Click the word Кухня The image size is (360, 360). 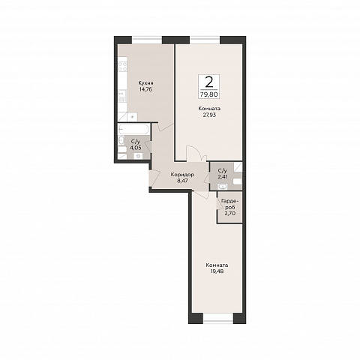pyautogui.click(x=146, y=83)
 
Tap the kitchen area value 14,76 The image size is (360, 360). pyautogui.click(x=145, y=89)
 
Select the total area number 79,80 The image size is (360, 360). pyautogui.click(x=209, y=94)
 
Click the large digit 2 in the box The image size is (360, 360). pyautogui.click(x=209, y=82)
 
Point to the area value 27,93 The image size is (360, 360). pyautogui.click(x=209, y=115)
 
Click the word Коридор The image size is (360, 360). pyautogui.click(x=182, y=175)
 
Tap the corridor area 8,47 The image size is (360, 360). pyautogui.click(x=182, y=181)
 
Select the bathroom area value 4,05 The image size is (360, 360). pyautogui.click(x=135, y=148)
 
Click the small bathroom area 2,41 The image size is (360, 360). pyautogui.click(x=223, y=177)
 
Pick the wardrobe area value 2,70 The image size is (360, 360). pyautogui.click(x=230, y=213)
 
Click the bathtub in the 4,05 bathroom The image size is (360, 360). pyautogui.click(x=133, y=130)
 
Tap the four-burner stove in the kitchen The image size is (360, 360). pyautogui.click(x=123, y=66)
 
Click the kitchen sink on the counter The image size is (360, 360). pyautogui.click(x=122, y=97)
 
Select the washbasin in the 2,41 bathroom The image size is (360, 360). pyautogui.click(x=222, y=186)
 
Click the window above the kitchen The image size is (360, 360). pyautogui.click(x=147, y=40)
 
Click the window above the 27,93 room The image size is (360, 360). pyautogui.click(x=205, y=40)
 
